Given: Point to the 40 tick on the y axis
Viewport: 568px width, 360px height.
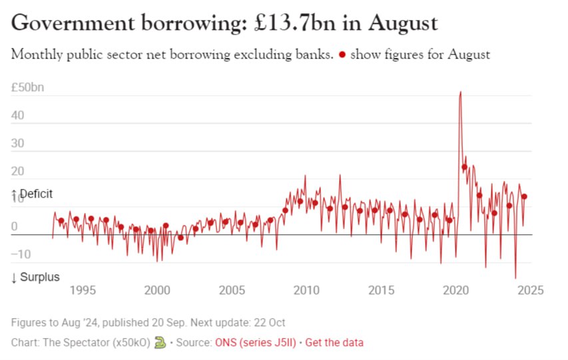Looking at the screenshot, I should (x=18, y=115).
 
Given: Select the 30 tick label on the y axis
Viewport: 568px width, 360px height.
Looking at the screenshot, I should (x=18, y=143).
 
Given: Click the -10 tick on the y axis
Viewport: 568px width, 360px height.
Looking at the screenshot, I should (x=21, y=254).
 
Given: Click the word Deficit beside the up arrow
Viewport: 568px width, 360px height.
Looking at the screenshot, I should (x=36, y=194).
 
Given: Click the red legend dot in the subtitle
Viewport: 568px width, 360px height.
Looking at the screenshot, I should (x=342, y=55).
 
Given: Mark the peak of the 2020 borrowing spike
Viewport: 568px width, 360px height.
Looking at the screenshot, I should (x=460, y=92).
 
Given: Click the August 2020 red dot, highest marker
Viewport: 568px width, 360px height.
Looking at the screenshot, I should (x=464, y=166).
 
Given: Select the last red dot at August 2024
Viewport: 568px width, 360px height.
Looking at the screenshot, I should (x=525, y=196).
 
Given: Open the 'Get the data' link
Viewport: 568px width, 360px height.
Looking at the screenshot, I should (x=336, y=343).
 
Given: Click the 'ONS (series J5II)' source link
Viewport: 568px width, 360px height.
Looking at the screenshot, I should (x=256, y=343).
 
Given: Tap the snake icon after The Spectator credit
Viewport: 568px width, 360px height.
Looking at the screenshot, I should (x=160, y=342).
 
